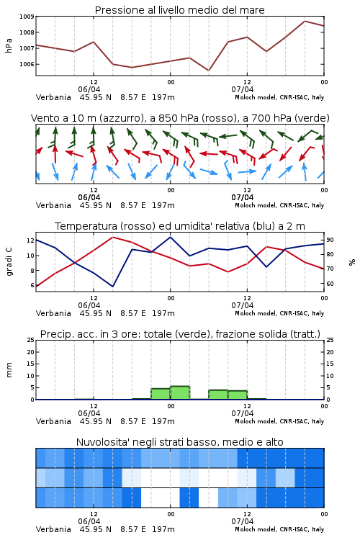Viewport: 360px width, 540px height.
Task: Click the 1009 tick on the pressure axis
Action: click(x=27, y=17)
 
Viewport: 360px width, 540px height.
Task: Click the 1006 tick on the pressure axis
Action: click(x=27, y=64)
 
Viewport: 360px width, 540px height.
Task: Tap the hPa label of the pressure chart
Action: click(x=9, y=45)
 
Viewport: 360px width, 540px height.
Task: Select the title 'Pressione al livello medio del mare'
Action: click(x=180, y=10)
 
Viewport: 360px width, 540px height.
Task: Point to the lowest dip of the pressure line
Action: click(x=208, y=71)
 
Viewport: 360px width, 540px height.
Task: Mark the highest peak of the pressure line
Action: click(x=305, y=21)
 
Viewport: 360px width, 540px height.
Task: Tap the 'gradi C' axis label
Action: click(x=9, y=262)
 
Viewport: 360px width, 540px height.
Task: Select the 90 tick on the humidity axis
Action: click(x=330, y=240)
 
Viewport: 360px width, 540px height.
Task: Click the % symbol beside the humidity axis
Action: click(x=352, y=262)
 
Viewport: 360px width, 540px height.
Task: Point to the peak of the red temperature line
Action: click(x=112, y=237)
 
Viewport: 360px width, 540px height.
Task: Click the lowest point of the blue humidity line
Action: click(x=112, y=287)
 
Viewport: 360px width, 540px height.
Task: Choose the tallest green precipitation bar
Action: click(x=180, y=393)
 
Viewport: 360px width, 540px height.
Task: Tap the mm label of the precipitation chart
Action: click(x=9, y=370)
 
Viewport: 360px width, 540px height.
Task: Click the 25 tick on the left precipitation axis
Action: click(x=31, y=340)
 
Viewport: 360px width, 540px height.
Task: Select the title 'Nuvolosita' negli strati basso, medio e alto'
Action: click(x=180, y=442)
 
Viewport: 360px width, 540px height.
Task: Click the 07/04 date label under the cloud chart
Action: click(x=243, y=521)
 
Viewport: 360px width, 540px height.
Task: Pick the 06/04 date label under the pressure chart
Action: click(x=89, y=89)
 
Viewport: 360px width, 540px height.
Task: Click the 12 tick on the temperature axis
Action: click(x=30, y=240)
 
